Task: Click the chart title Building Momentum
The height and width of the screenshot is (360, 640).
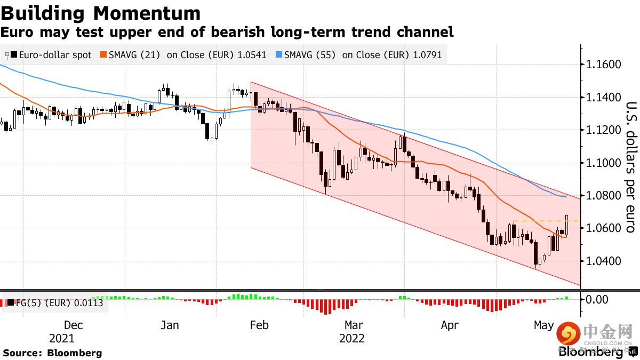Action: [101, 13]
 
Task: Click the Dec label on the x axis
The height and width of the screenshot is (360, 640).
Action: [73, 325]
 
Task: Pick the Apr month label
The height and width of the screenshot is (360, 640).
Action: [450, 325]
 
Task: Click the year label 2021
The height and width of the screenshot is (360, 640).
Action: [62, 339]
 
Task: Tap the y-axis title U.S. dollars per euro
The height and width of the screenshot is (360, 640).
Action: [630, 166]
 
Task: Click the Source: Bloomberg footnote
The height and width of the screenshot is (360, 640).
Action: [52, 353]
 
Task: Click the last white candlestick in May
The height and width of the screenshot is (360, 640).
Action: [567, 226]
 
